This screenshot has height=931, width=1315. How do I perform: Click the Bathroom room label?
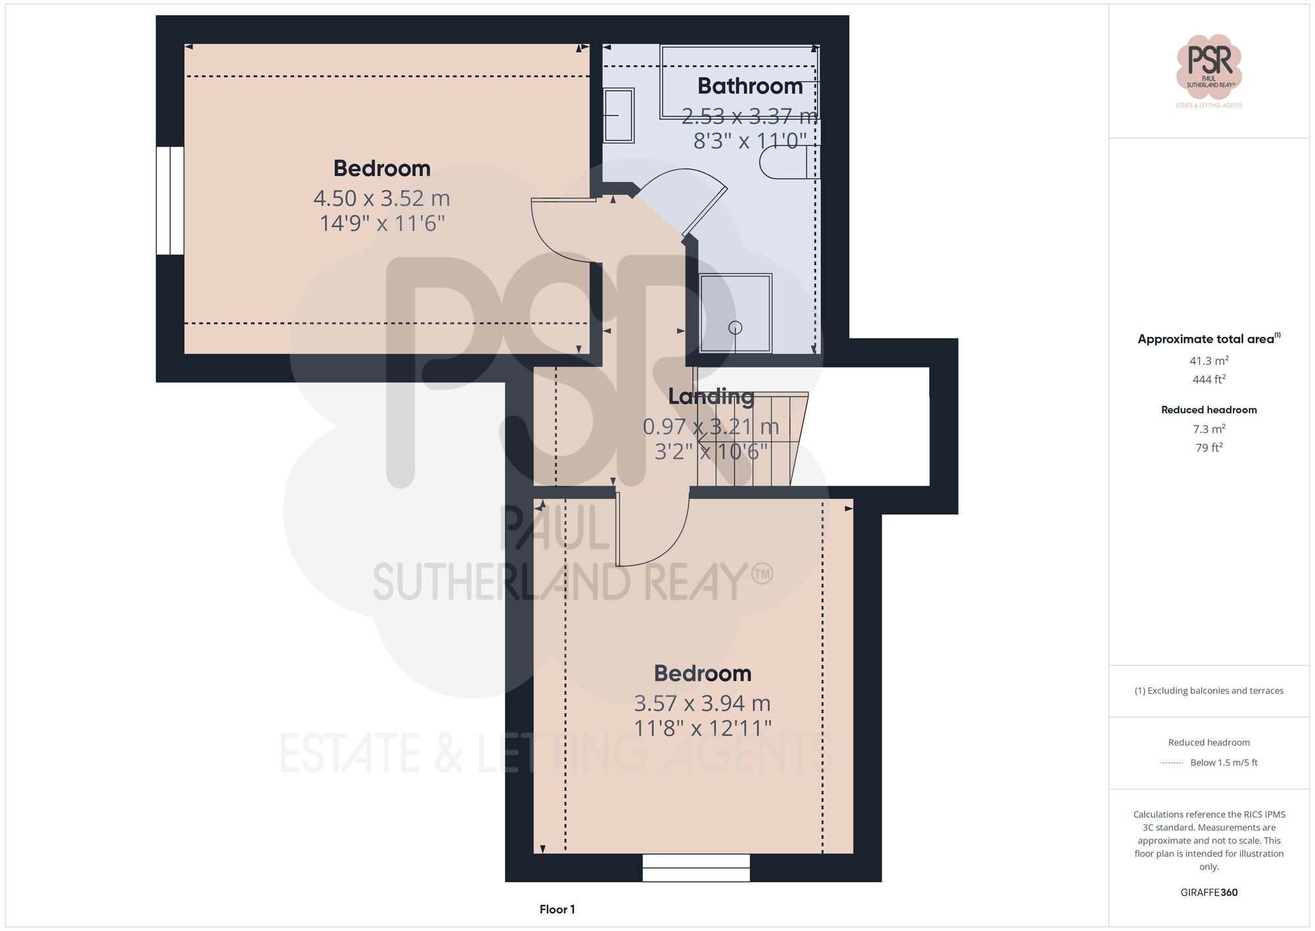[750, 86]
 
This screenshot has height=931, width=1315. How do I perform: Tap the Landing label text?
[711, 396]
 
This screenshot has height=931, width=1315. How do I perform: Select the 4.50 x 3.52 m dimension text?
[381, 198]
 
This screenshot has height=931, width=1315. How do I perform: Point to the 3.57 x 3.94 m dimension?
[702, 703]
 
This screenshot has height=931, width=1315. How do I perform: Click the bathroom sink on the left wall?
[618, 115]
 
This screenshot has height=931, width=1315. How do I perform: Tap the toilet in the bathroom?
[786, 162]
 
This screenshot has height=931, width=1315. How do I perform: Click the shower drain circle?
[735, 327]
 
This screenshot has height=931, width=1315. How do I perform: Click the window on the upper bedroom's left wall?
[170, 200]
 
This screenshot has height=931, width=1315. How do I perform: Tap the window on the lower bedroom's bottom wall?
[696, 867]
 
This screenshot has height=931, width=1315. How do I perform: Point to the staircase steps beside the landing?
[750, 439]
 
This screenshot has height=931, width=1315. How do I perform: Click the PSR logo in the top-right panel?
[1208, 66]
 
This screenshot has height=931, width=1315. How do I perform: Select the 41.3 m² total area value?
[1208, 361]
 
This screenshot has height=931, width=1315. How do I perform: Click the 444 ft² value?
[1208, 380]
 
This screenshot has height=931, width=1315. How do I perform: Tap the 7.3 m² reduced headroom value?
[1208, 429]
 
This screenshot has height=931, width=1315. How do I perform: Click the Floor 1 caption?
[557, 909]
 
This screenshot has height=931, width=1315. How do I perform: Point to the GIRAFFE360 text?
[1208, 892]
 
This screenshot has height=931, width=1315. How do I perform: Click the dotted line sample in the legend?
[1172, 763]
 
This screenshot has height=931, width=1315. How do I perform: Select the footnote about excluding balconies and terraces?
[1208, 691]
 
